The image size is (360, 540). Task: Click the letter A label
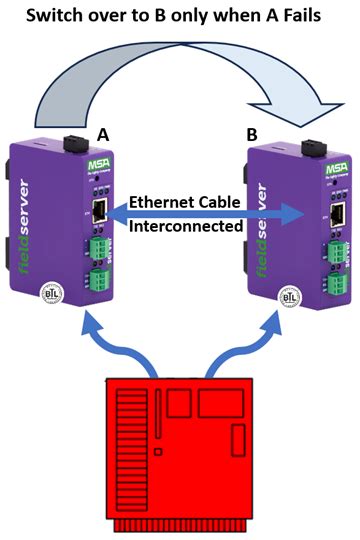[x=102, y=132]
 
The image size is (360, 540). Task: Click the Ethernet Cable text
[x=184, y=202]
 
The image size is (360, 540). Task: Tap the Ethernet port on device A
[x=101, y=212]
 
